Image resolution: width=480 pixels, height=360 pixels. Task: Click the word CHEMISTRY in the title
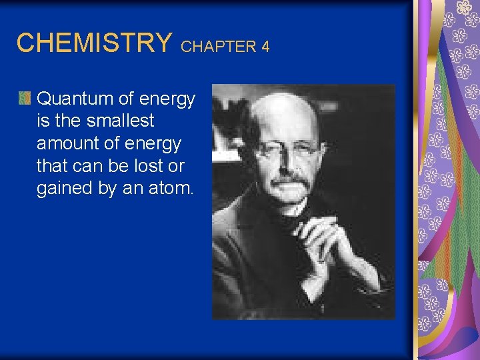[x=93, y=43]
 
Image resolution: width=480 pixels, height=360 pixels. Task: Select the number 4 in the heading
[x=265, y=47]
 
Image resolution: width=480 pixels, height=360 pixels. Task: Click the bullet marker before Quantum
[x=24, y=99]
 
